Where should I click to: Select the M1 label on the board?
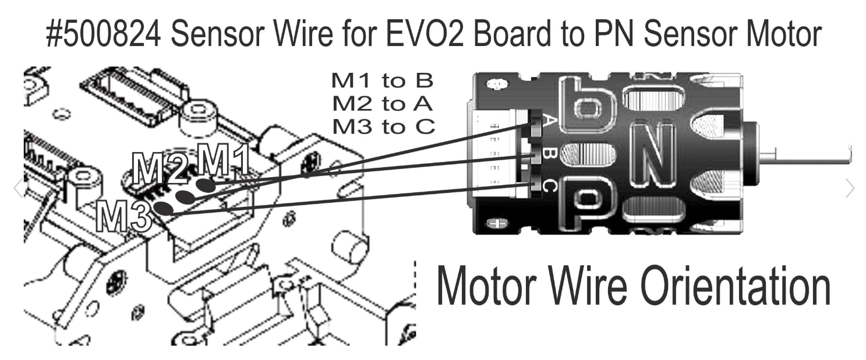coord(224,161)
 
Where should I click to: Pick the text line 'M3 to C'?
coord(383,126)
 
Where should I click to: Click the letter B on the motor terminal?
coord(549,155)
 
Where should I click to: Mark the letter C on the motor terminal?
coord(549,186)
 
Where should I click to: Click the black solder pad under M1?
coord(205,185)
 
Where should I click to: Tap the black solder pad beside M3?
coord(164,209)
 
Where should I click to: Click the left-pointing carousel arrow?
coord(18,188)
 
